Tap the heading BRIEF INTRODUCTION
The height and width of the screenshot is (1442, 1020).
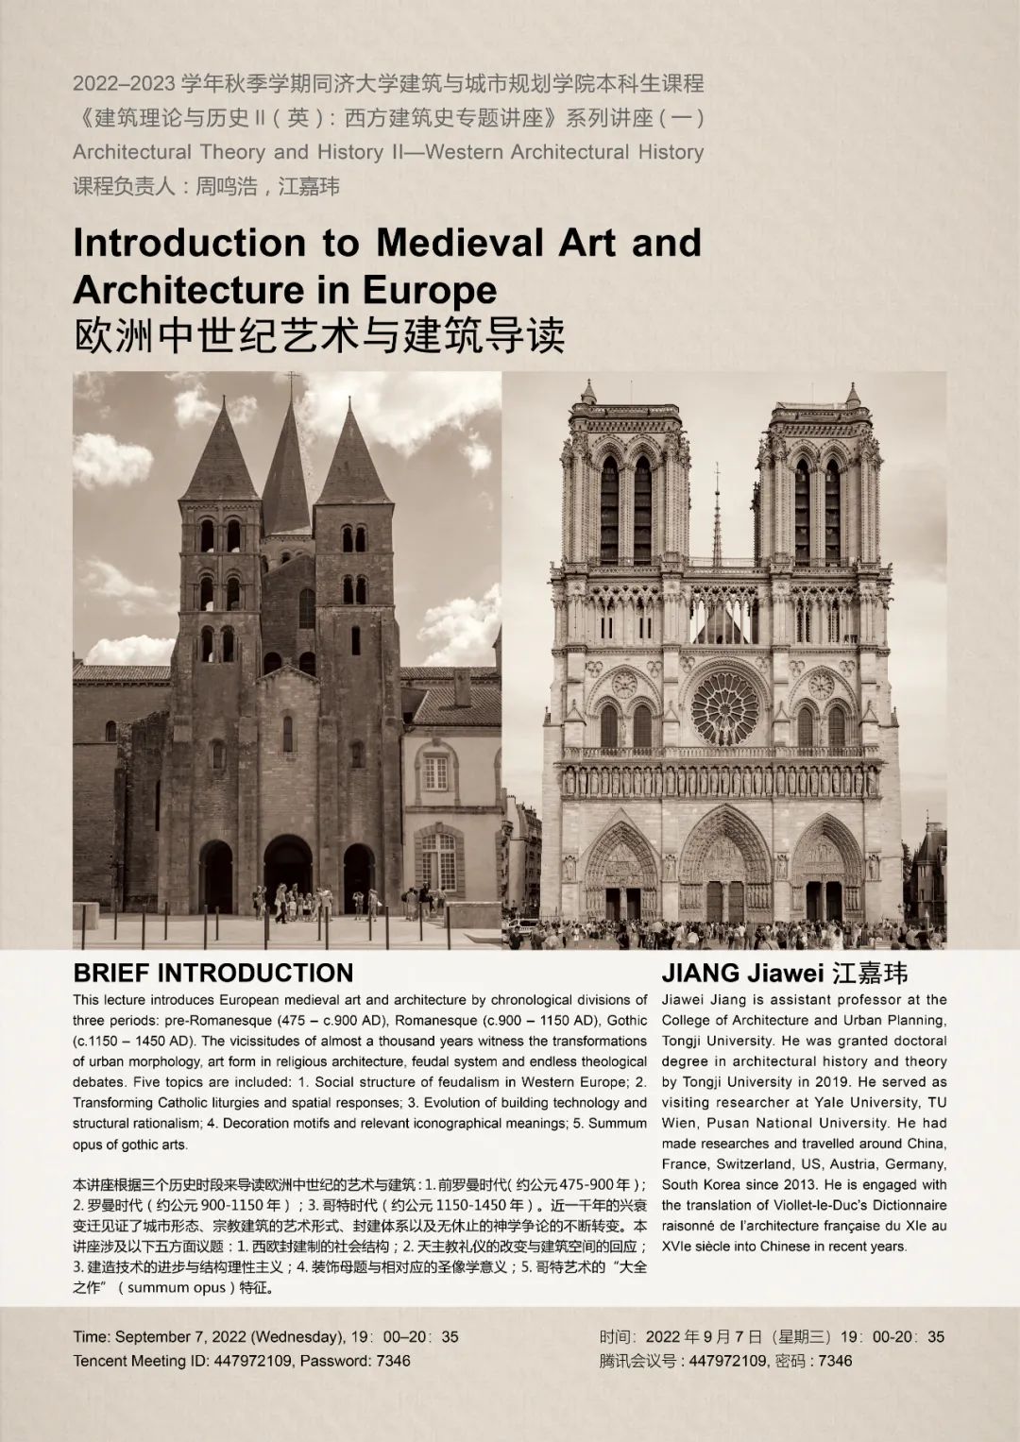pyautogui.click(x=212, y=973)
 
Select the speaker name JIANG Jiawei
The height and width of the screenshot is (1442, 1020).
pyautogui.click(x=742, y=973)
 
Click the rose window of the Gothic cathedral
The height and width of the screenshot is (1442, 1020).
pyautogui.click(x=724, y=706)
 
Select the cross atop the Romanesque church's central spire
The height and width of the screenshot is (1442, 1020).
pyautogui.click(x=292, y=382)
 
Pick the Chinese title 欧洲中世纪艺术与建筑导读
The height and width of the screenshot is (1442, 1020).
pyautogui.click(x=319, y=336)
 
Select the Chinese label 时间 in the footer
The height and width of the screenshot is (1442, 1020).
pyautogui.click(x=616, y=1336)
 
